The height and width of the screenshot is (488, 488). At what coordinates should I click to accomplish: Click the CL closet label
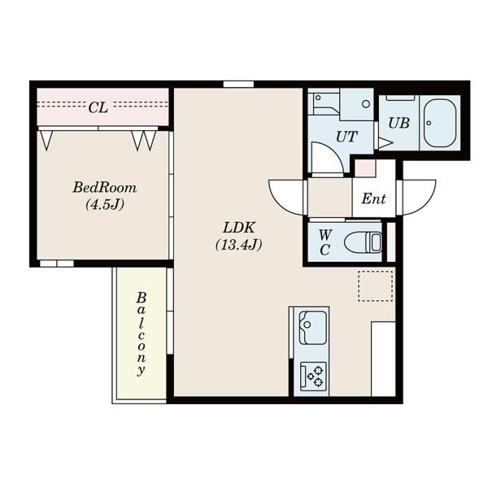98,107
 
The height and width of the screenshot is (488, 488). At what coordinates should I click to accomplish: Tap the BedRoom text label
105,188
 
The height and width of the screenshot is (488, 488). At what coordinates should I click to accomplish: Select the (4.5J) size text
105,205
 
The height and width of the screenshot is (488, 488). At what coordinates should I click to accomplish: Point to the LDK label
239,228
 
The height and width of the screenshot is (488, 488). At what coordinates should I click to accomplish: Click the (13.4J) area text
238,245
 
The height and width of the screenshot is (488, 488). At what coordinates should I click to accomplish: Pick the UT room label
346,137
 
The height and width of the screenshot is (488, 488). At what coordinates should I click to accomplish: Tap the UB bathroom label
399,124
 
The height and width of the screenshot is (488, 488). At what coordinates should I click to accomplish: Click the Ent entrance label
373,198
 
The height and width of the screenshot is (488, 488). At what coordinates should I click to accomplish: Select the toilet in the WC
363,242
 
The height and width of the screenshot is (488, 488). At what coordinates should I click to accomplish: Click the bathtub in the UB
439,124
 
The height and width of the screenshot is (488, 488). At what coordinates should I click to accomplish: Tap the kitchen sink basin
312,328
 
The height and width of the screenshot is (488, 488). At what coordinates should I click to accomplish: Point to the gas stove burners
313,376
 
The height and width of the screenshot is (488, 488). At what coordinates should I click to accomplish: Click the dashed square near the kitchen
375,286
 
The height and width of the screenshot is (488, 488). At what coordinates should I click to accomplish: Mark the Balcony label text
142,334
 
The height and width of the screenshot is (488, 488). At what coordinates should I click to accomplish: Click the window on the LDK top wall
238,84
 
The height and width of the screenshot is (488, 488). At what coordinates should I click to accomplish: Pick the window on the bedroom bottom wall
57,264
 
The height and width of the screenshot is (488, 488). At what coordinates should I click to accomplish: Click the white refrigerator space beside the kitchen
383,359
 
